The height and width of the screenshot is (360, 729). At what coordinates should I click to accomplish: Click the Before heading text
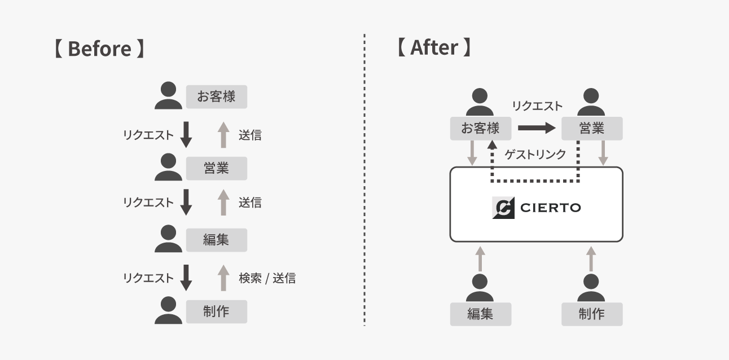point(99,49)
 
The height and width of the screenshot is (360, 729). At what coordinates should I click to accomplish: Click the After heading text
point(433,47)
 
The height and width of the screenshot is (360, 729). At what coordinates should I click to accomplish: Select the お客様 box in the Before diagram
point(216,96)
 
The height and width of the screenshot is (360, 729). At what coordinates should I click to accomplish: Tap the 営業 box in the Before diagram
point(216,168)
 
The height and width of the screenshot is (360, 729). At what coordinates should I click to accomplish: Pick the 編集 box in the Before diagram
point(216,240)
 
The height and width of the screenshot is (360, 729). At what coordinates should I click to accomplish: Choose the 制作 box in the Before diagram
point(216,311)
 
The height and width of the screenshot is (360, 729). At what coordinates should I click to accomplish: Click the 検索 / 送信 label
point(267,278)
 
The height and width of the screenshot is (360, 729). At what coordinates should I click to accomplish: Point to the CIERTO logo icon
point(503,208)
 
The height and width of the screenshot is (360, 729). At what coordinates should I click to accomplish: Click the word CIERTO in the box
point(550,208)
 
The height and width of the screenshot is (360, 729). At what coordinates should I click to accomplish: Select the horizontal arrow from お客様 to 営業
point(537,128)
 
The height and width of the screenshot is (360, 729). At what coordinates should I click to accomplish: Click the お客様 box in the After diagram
point(480,129)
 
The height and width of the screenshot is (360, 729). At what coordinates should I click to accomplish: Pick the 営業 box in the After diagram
point(592,129)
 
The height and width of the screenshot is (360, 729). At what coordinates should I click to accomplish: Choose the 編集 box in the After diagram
point(480,314)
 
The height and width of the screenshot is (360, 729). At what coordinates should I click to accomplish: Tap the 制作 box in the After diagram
point(592,314)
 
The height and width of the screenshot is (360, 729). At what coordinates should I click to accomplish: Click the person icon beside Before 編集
point(169,239)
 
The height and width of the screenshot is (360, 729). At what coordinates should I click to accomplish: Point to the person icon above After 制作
point(591,288)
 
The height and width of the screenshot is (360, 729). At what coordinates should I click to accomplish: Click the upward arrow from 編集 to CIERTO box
point(480,258)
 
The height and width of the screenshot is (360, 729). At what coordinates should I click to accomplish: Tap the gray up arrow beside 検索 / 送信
point(223,278)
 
